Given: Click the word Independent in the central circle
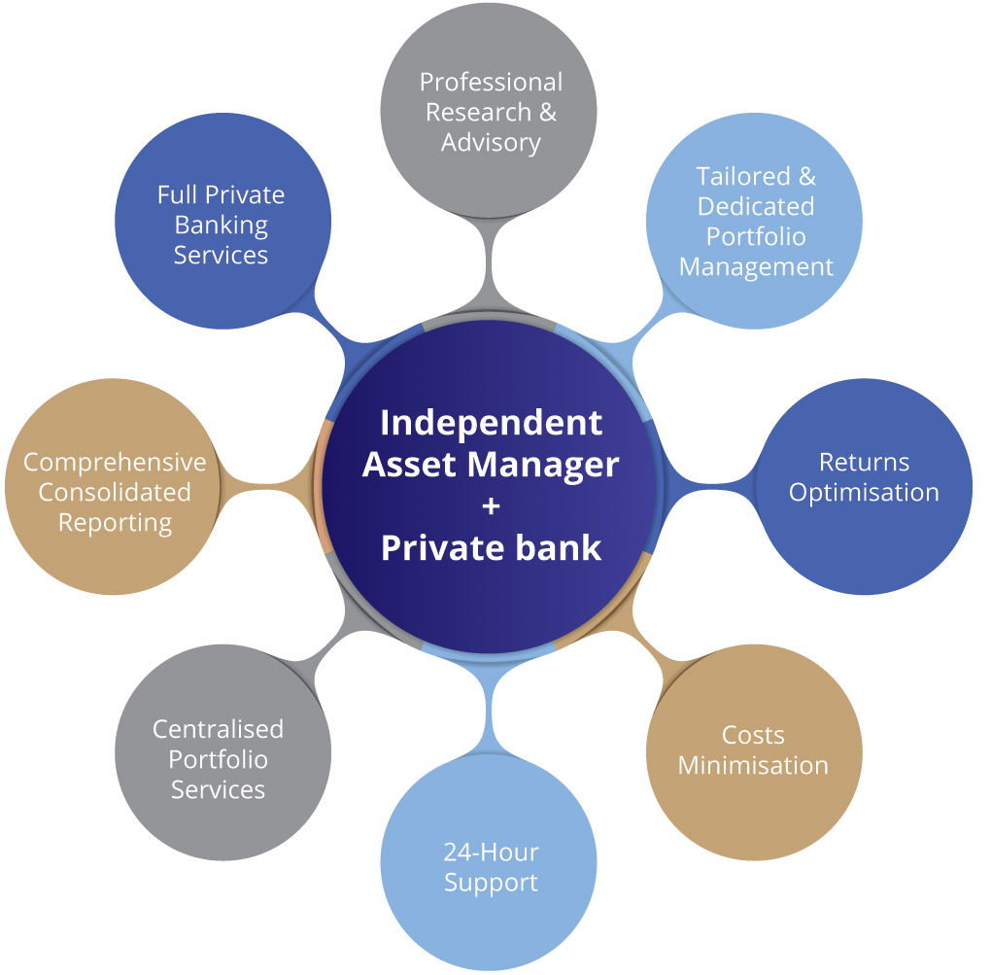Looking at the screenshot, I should pos(491,423).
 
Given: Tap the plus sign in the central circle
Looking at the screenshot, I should pos(491,506).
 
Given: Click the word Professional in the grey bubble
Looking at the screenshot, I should pos(491,82).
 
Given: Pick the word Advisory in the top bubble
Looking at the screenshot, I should pos(491,142).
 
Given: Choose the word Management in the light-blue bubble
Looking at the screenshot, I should pos(756,266).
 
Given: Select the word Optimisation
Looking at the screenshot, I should pos(864,492).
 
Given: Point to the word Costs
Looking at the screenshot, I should pos(753,735).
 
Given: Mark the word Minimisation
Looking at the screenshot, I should pos(753,765).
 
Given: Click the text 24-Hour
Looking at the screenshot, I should pos(491,853).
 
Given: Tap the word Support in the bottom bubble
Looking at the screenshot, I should pos(491,883).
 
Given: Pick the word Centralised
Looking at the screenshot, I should pos(219,729).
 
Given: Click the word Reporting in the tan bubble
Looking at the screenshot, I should pos(115,522).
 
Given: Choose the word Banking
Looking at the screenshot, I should pos(221,225).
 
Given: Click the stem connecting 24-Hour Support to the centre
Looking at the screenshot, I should pos(491,700).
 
